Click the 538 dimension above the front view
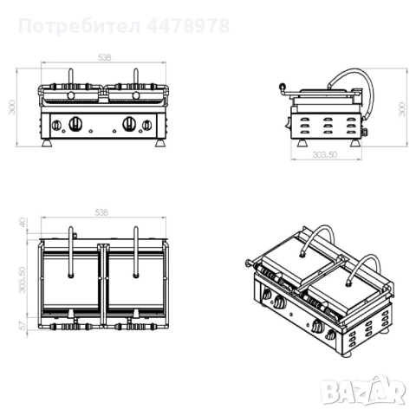click(103, 57)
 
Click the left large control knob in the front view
click(75, 121)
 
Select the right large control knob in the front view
click(129, 121)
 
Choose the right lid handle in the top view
click(135, 251)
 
